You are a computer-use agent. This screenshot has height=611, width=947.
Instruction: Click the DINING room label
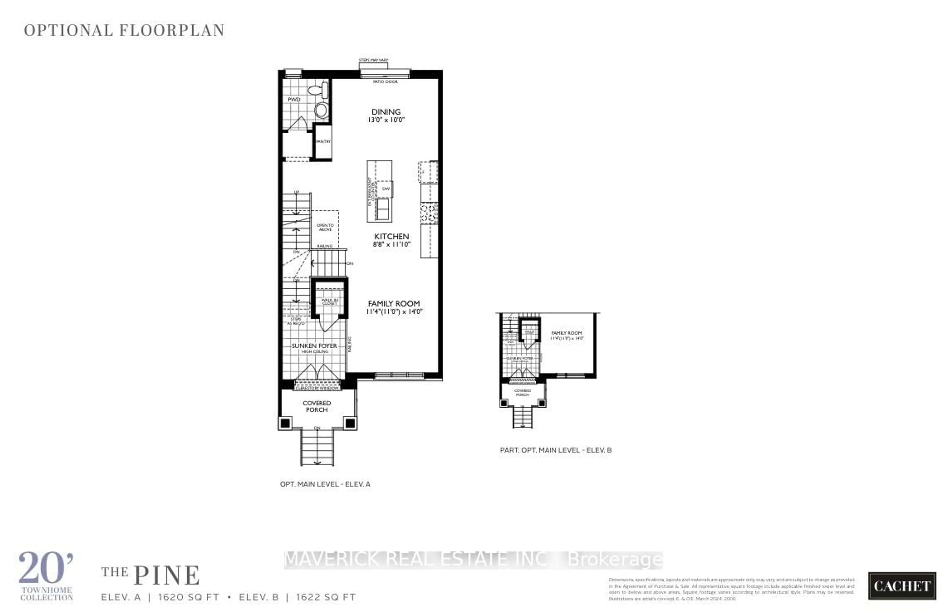tap(386, 112)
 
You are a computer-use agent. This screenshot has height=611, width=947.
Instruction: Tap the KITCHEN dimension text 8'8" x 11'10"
tap(391, 244)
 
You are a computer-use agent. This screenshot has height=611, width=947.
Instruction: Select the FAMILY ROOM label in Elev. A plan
tap(394, 303)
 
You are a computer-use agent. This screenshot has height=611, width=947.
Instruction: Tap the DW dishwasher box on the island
tap(386, 189)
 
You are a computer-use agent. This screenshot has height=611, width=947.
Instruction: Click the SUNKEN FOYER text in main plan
tap(314, 346)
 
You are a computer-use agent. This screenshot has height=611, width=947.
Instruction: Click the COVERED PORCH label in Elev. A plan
tap(317, 406)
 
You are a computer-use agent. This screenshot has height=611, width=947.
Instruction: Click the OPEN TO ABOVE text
tap(325, 227)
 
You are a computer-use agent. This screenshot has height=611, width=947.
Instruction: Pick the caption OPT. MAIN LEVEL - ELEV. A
tap(325, 484)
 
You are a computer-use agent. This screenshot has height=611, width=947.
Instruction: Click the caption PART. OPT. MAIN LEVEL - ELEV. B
tap(556, 450)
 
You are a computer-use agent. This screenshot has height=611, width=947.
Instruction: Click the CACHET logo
tap(902, 586)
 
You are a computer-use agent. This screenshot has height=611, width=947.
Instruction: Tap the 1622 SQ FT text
tap(326, 597)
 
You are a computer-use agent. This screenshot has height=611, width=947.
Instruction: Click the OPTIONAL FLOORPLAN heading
tap(124, 30)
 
